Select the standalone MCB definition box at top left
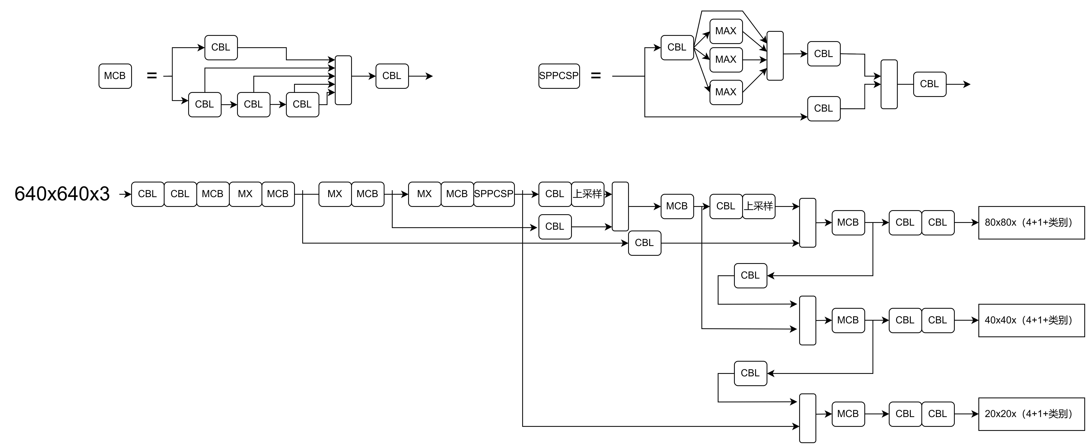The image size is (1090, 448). click(x=115, y=76)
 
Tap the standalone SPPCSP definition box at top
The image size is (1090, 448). click(x=559, y=76)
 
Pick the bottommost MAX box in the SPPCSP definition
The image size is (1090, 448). click(x=726, y=92)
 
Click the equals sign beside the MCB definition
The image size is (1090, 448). click(x=152, y=76)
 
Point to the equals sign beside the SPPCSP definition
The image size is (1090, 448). click(x=596, y=76)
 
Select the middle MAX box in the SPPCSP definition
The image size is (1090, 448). click(x=726, y=60)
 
